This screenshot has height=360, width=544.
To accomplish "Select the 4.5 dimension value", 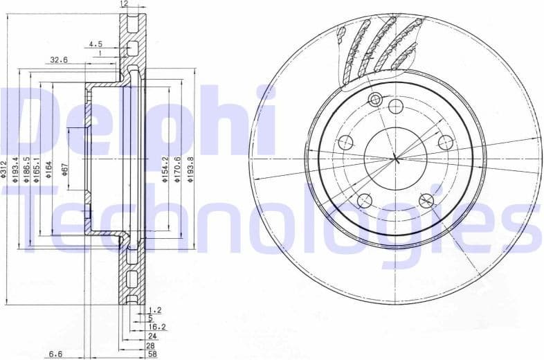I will [x=95, y=44].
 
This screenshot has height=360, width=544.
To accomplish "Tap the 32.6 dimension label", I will [x=59, y=60].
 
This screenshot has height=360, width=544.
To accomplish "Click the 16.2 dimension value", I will [x=157, y=326].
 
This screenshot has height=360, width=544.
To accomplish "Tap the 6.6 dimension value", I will [x=56, y=354].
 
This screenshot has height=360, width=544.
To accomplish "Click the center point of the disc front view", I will [x=396, y=159].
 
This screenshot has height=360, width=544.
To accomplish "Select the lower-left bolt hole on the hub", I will [x=365, y=201].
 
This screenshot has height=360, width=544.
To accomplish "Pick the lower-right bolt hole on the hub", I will [x=426, y=201].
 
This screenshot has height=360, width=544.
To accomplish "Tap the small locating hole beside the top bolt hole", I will [x=376, y=98].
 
